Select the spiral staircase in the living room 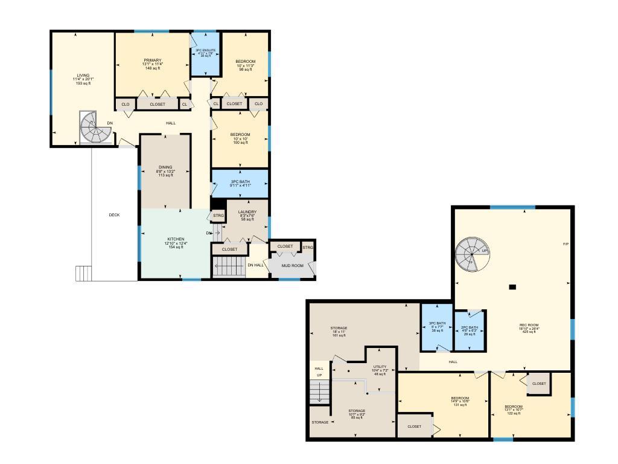tap(93, 127)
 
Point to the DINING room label tap(165, 167)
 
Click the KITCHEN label tap(176, 239)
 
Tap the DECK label tap(114, 215)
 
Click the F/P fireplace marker tap(565, 244)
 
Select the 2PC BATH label tap(469, 327)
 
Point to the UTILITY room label tap(380, 367)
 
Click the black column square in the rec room tap(512, 287)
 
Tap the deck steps tap(83, 273)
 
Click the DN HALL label tap(255, 265)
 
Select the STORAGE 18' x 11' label tap(339, 328)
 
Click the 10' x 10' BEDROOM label tap(240, 135)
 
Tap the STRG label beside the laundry tap(218, 216)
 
